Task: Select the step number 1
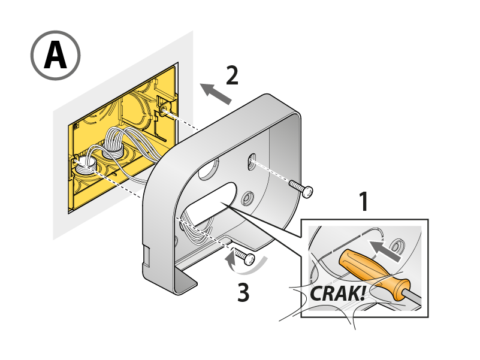363,202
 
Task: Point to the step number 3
242,292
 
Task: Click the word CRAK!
337,294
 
